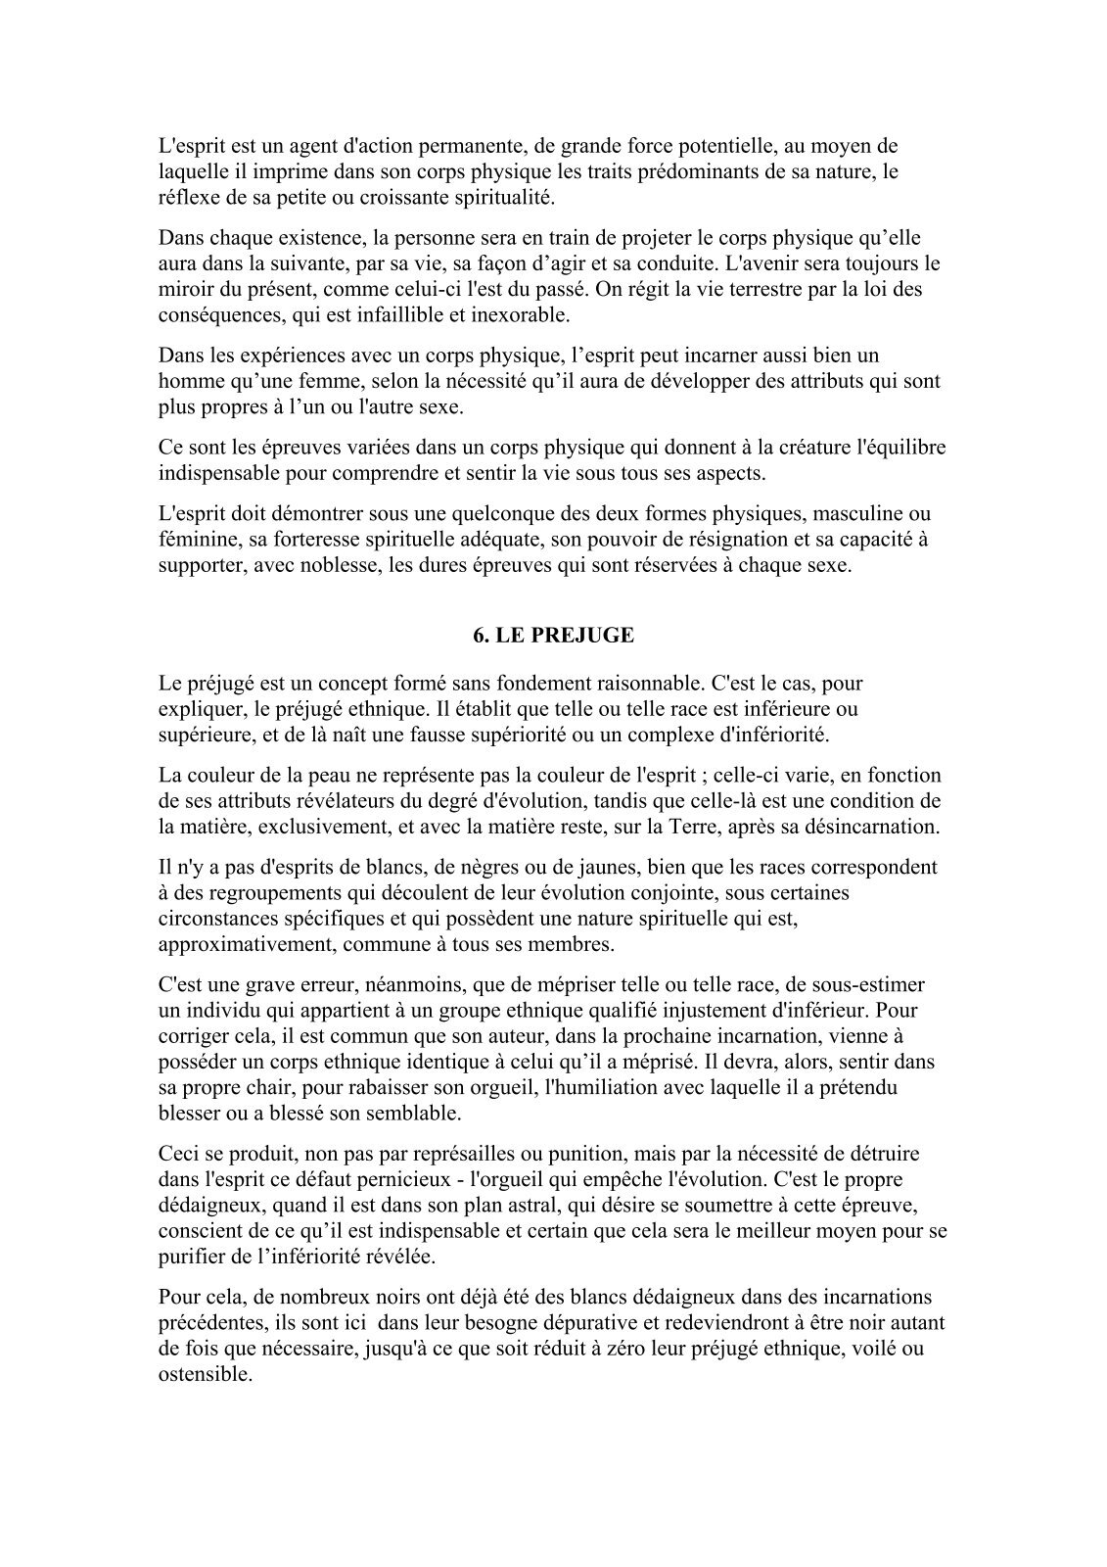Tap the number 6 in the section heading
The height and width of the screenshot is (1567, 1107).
(x=479, y=636)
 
